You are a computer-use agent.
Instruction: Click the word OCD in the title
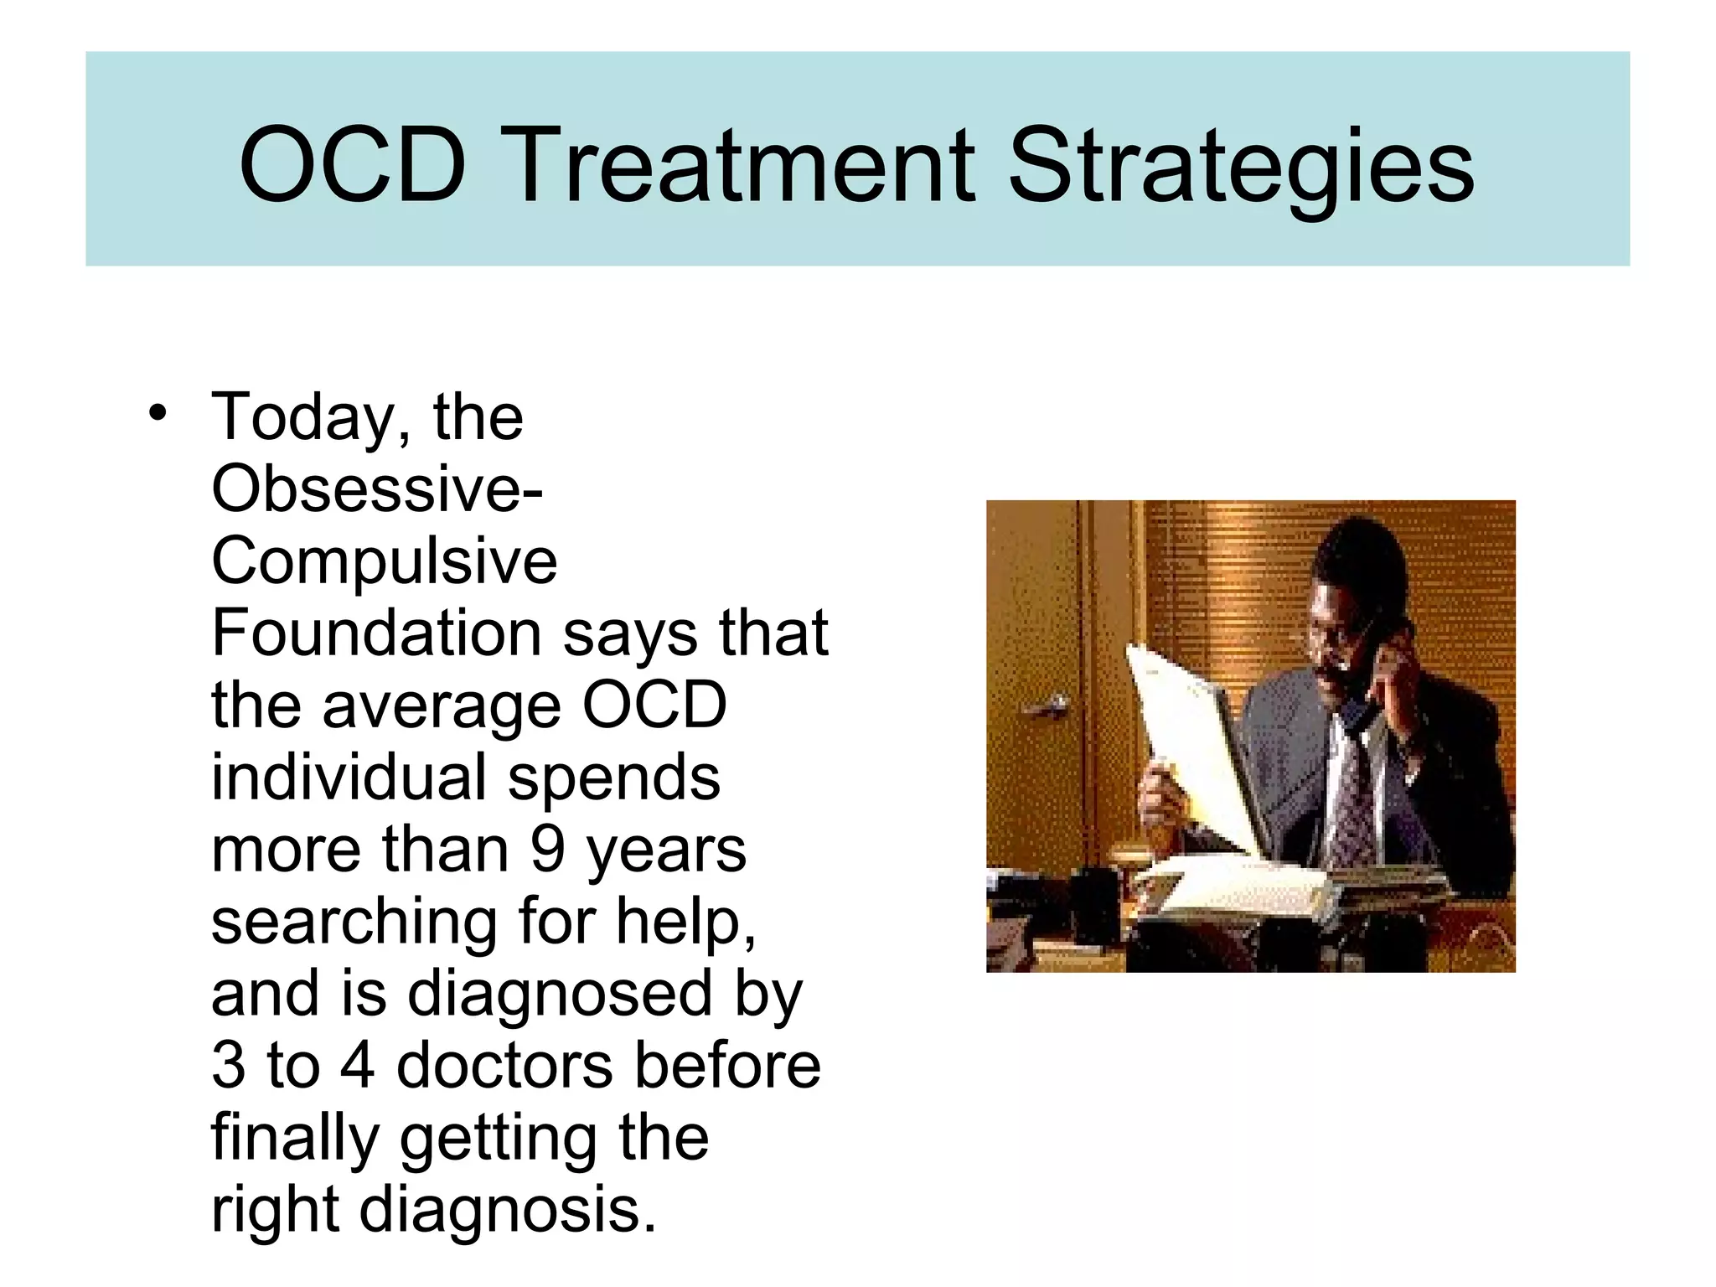click(352, 164)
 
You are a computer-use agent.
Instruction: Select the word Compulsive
click(384, 561)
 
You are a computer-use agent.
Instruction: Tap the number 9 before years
click(547, 849)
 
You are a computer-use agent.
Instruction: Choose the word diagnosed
click(560, 994)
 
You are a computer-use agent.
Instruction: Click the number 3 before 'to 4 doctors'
click(229, 1066)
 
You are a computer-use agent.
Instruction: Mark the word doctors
click(504, 1066)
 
